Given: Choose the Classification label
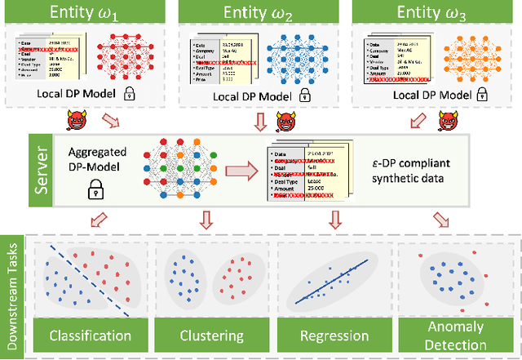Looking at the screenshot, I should (x=90, y=335).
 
